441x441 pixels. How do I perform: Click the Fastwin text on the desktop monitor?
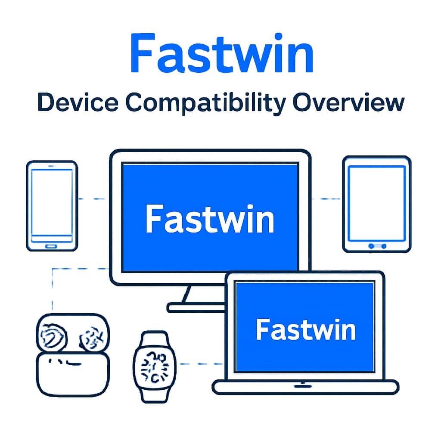pos(210,219)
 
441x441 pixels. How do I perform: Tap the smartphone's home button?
pos(52,246)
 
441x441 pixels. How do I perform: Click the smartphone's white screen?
pos(52,202)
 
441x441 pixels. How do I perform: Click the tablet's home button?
pos(377,246)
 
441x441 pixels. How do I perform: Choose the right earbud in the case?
pos(91,336)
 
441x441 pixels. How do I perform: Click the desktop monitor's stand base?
pos(196,307)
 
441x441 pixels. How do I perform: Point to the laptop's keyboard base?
pos(305,387)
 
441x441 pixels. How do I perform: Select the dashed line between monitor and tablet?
pos(326,199)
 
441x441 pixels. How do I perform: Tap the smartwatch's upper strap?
pos(154,338)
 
